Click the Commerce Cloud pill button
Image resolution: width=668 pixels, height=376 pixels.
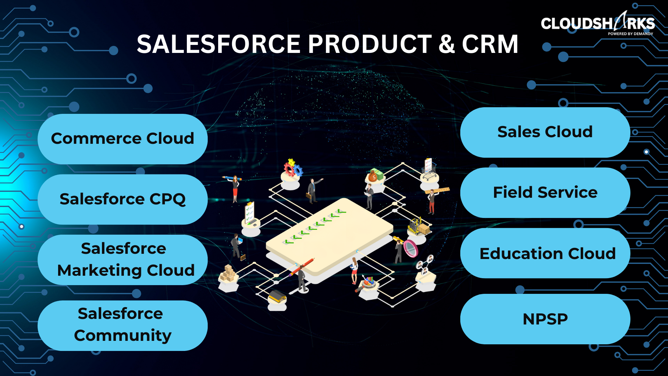122,139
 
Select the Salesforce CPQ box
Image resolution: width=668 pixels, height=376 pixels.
122,199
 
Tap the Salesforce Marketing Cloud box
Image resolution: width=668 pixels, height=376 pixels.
122,260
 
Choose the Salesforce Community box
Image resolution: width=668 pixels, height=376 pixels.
122,326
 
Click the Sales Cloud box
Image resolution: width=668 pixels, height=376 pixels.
545,132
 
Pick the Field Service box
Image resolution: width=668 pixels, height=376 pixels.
545,193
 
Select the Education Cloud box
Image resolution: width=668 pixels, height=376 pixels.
545,253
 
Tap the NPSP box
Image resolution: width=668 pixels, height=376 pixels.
545,319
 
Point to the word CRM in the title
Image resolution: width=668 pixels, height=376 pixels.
490,44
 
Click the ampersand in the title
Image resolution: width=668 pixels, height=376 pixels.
447,44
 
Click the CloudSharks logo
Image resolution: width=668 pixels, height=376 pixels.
598,23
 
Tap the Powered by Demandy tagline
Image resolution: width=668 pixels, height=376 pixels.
630,34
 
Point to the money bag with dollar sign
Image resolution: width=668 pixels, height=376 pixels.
372,177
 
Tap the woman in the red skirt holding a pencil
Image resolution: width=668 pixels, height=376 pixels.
235,188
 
